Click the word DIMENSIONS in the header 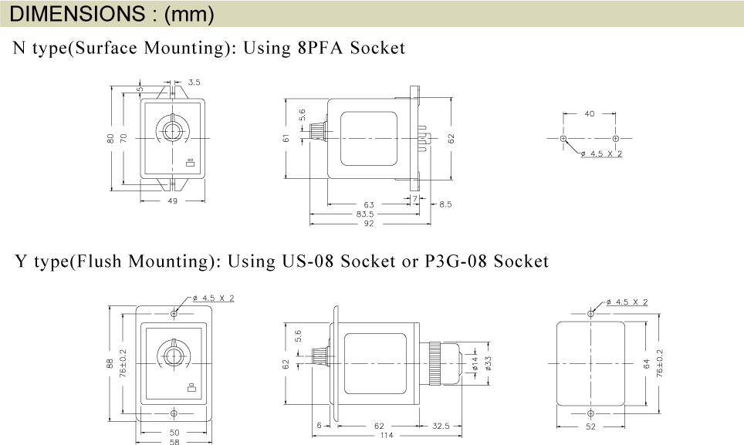77,14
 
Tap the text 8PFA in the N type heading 320,48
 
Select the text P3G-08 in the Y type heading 455,261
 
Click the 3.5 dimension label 194,83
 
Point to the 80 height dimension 110,138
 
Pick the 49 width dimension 173,201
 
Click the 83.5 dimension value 365,214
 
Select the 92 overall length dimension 369,223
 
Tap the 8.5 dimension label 445,204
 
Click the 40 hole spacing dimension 590,113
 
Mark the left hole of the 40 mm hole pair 563,138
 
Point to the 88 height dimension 110,363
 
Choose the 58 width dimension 174,442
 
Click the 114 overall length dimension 387,435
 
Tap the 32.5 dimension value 441,426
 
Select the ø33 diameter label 489,363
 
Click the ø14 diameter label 475,364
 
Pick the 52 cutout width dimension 590,426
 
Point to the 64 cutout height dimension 646,364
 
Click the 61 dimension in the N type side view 286,138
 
